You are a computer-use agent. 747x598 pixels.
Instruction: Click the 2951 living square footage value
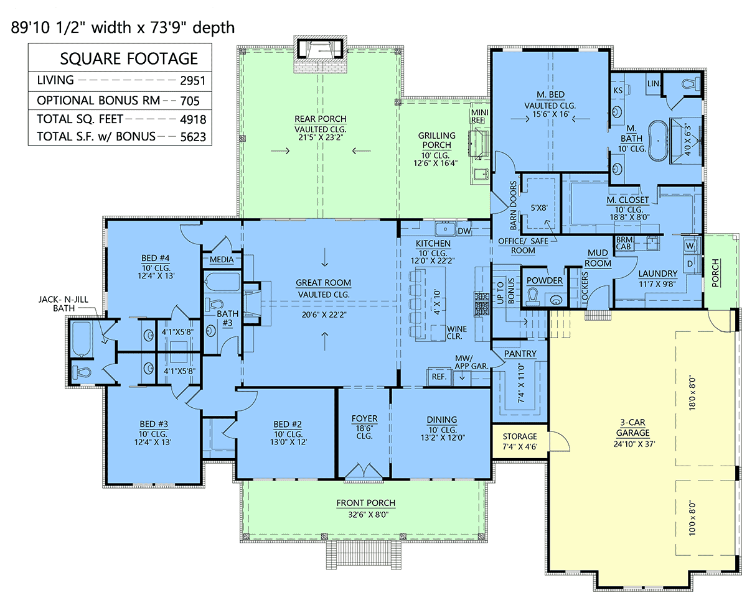pos(192,80)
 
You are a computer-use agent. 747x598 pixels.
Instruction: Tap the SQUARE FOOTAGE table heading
pos(129,58)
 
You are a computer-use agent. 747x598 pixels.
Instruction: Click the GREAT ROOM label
pos(323,283)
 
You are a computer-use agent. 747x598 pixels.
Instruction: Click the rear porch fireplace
pos(321,53)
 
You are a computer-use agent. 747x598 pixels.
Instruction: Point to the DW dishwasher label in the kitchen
pos(464,231)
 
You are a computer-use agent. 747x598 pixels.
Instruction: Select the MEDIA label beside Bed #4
pos(222,259)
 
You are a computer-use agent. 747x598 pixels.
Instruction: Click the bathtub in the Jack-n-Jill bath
pos(82,338)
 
